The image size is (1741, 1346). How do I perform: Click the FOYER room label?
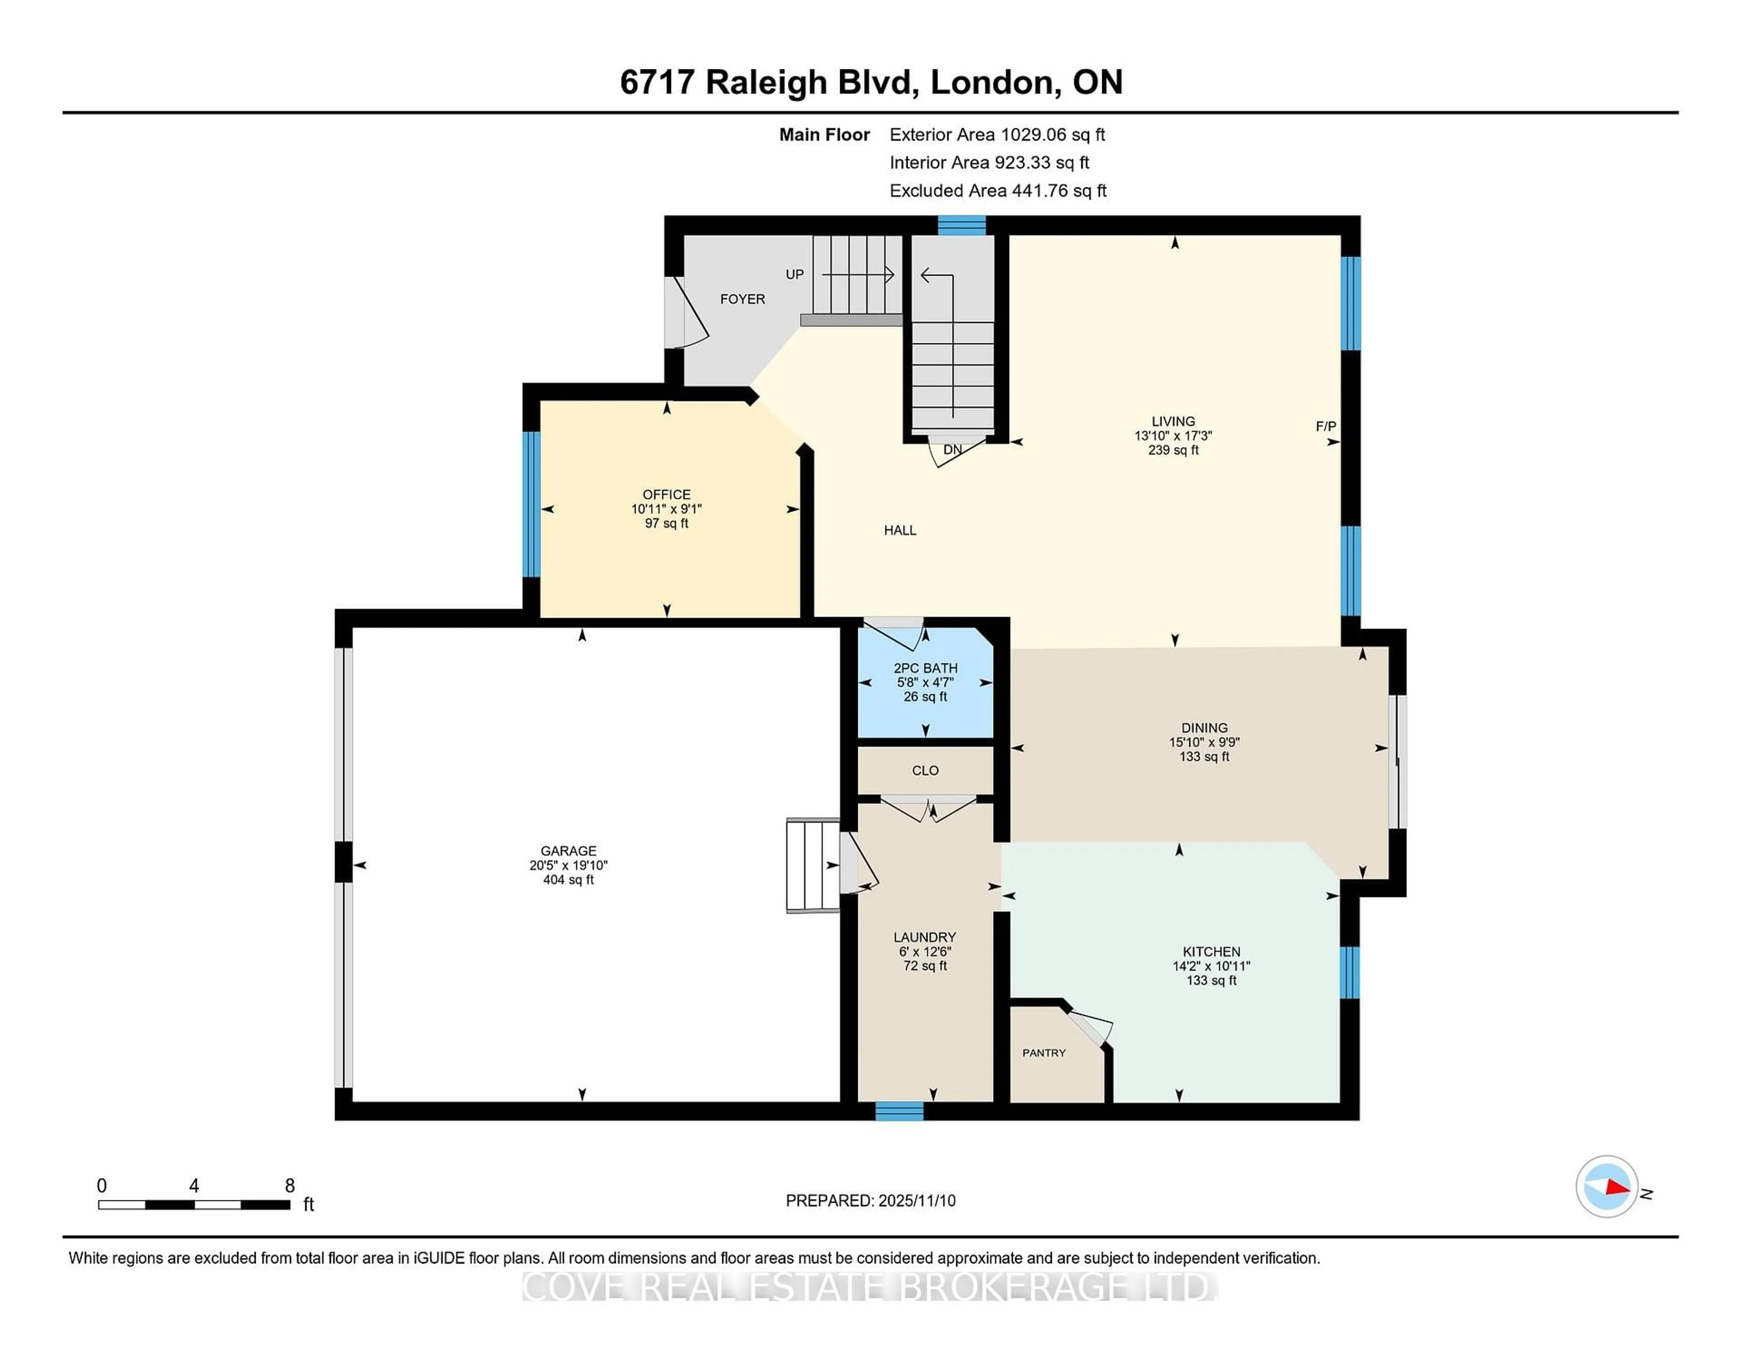[742, 299]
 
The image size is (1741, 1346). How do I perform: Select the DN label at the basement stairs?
[953, 450]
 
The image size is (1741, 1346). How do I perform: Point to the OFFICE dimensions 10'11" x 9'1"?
[666, 509]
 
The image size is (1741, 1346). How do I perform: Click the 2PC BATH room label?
[925, 668]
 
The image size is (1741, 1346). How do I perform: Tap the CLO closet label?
[925, 771]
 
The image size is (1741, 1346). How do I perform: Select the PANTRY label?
[1044, 1053]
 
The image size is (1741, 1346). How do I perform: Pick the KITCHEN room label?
[1211, 951]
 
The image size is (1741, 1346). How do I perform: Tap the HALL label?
[900, 530]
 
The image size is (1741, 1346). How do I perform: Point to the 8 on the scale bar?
[290, 1186]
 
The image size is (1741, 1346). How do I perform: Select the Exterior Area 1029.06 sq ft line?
[997, 135]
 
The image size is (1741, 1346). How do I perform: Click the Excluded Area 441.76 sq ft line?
[998, 190]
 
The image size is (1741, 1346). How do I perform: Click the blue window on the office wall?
[531, 504]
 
